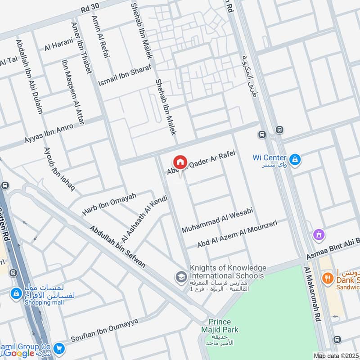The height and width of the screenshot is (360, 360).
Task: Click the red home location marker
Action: [180, 162]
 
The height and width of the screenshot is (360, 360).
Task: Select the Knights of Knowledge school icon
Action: [181, 275]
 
